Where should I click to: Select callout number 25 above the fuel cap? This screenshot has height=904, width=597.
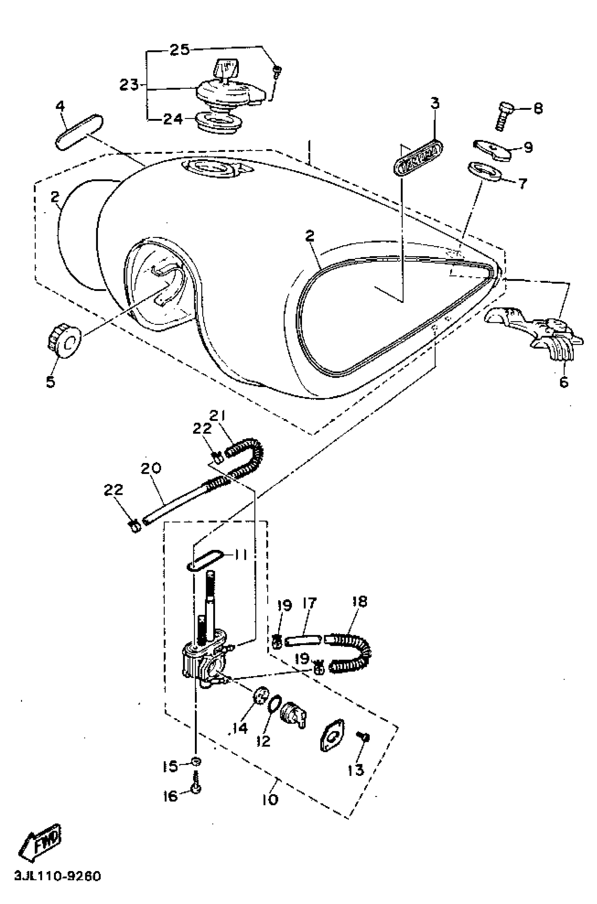click(179, 50)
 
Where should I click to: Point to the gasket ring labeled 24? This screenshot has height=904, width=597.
click(218, 122)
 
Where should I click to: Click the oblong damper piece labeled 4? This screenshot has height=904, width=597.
click(79, 131)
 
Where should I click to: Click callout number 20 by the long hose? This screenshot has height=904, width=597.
click(151, 468)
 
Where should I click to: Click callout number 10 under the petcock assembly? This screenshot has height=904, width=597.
click(270, 799)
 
